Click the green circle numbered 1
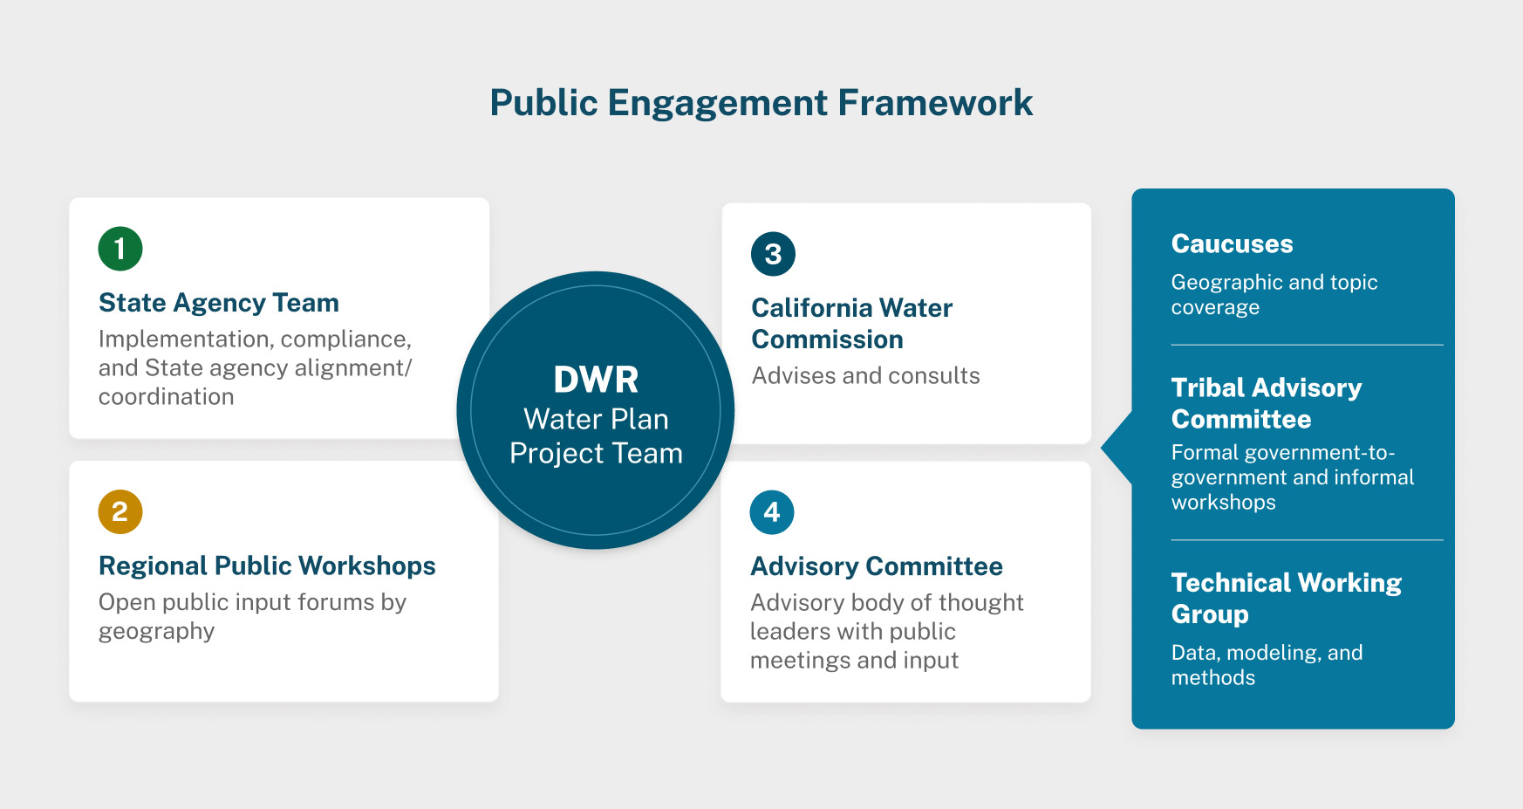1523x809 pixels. pos(120,249)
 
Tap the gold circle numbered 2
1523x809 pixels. pos(120,512)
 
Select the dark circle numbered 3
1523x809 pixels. pos(773,254)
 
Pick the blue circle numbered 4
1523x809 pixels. pos(772,512)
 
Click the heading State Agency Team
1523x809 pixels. pos(219,303)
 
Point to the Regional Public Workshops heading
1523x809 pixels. pos(267,566)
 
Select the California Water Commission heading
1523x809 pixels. pos(851,324)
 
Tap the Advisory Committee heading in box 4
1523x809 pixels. pos(877,567)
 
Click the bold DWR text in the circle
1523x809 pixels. pos(596,381)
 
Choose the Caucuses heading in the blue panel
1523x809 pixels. pos(1232,244)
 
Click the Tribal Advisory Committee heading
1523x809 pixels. pos(1266,403)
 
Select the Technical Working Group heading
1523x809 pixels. pos(1286,598)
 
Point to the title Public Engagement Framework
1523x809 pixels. pos(761,103)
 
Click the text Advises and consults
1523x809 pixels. pos(865,376)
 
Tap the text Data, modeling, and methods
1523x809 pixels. pos(1267,665)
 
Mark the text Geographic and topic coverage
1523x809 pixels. pos(1274,295)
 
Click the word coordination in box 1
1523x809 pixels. pos(166,397)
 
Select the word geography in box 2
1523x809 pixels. pos(156,632)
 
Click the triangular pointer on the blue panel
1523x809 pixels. pos(1117,448)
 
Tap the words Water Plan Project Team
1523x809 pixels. pos(596,436)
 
